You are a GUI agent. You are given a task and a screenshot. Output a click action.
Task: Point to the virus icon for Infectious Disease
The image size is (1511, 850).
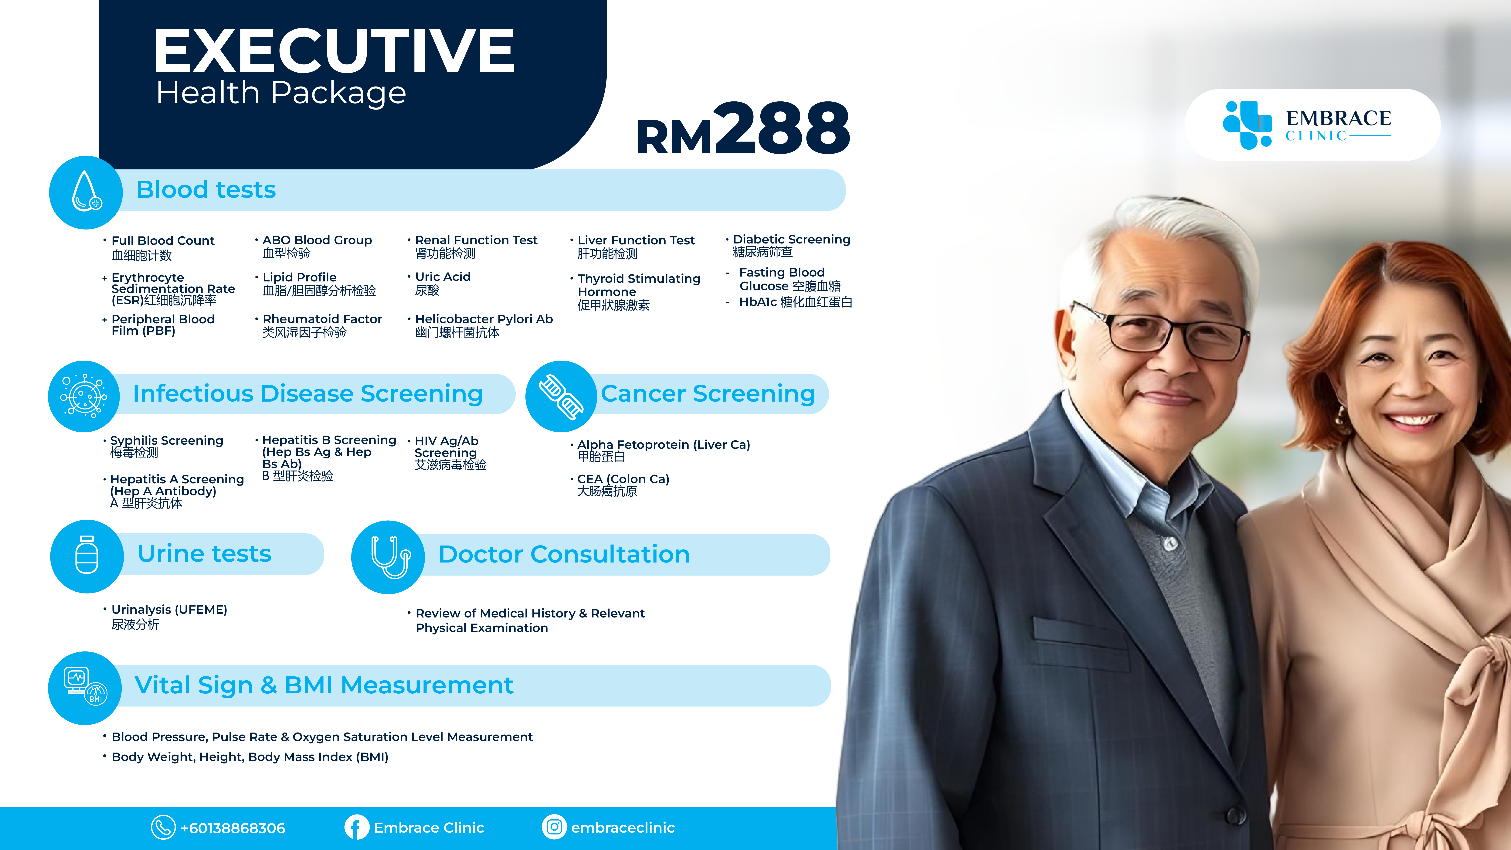tap(84, 396)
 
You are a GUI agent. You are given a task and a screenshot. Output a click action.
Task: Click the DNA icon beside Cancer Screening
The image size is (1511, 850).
tap(561, 396)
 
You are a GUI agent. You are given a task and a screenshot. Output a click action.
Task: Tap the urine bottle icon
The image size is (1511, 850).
tap(87, 555)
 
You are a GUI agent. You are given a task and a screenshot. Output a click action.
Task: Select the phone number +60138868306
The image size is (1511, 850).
tap(233, 828)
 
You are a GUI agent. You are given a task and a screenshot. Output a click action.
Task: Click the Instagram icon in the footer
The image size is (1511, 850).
tap(554, 827)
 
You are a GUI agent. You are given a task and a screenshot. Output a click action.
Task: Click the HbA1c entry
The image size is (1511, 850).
tap(795, 302)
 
